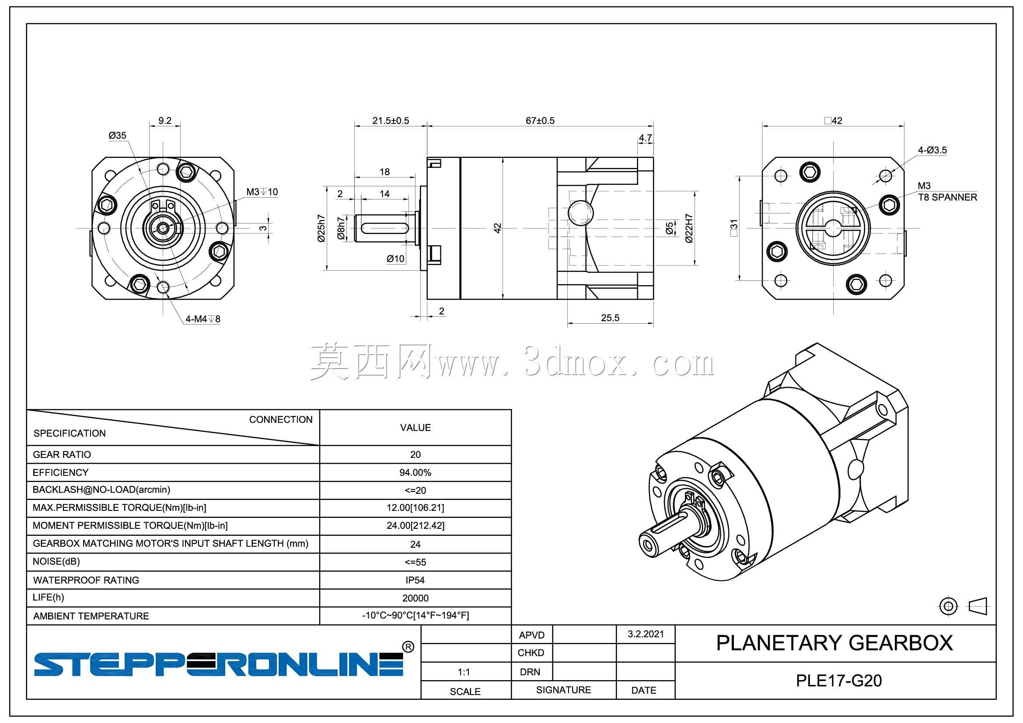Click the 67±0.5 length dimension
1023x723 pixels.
click(x=540, y=121)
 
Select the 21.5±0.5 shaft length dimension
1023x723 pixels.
click(x=390, y=121)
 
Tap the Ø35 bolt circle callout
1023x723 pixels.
click(x=118, y=136)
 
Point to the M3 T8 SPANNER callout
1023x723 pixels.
click(x=947, y=192)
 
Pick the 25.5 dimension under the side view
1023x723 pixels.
click(x=610, y=318)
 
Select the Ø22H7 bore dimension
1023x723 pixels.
click(x=689, y=228)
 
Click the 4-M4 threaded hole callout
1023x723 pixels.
click(x=203, y=319)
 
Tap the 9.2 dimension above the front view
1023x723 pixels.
click(x=165, y=121)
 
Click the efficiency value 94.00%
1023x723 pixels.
click(x=415, y=472)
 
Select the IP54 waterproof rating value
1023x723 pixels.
click(x=415, y=580)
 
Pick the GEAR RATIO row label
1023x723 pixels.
click(x=62, y=454)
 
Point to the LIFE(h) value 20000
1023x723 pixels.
click(x=415, y=598)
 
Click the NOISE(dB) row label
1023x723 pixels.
click(x=56, y=561)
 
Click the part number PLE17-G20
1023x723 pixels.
click(x=839, y=681)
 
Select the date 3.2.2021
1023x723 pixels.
click(x=646, y=634)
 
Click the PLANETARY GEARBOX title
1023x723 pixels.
click(x=834, y=643)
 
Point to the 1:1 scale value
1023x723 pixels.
click(x=464, y=672)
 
